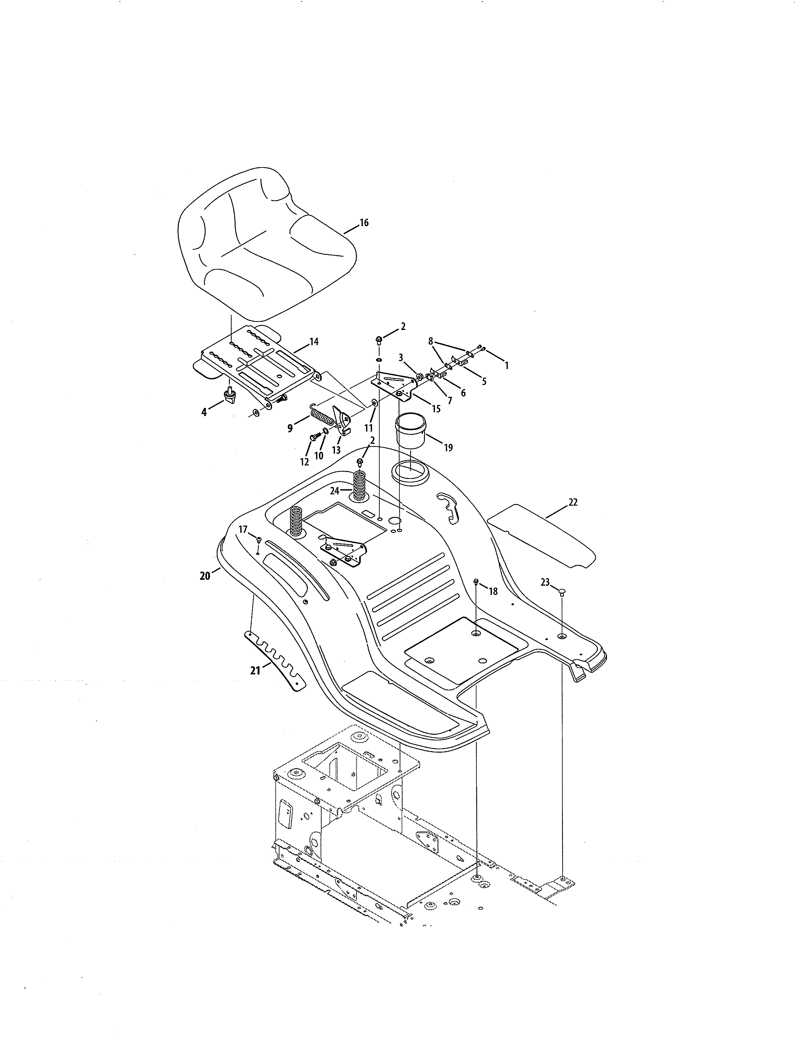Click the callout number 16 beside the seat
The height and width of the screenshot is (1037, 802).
pos(364,223)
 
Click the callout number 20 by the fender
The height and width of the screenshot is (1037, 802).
pos(205,576)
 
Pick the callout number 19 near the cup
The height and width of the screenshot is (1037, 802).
pos(448,447)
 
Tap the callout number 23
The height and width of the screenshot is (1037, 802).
pos(545,582)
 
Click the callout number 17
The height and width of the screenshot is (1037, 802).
pos(243,529)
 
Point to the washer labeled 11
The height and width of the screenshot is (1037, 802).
pos(374,403)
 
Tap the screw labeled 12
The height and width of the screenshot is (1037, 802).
pos(314,436)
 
